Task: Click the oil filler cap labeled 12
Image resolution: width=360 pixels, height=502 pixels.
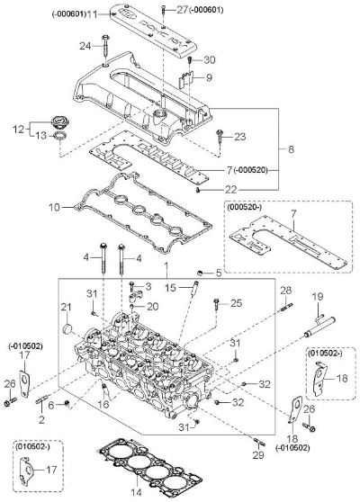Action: pyautogui.click(x=59, y=123)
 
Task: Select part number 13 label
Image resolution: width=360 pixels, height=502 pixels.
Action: pyautogui.click(x=41, y=136)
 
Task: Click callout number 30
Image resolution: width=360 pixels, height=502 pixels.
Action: pyautogui.click(x=210, y=60)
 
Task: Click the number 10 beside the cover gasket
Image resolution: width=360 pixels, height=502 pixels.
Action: pyautogui.click(x=54, y=208)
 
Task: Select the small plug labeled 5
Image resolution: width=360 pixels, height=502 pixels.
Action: pyautogui.click(x=200, y=273)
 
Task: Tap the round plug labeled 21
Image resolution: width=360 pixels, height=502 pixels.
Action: pyautogui.click(x=67, y=328)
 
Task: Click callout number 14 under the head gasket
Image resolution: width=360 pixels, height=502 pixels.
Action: pyautogui.click(x=137, y=492)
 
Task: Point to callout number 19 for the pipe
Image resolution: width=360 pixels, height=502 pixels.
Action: pyautogui.click(x=318, y=297)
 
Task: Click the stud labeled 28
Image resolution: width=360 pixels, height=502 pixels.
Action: pyautogui.click(x=287, y=307)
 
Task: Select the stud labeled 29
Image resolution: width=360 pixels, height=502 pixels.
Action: pyautogui.click(x=259, y=442)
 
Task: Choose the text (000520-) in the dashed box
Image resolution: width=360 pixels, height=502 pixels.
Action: pyautogui.click(x=245, y=207)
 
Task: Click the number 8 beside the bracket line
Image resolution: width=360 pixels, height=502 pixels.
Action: pyautogui.click(x=291, y=149)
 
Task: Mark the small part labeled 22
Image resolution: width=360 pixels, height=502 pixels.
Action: pyautogui.click(x=198, y=191)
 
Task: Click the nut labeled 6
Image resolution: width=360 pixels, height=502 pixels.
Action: pyautogui.click(x=67, y=403)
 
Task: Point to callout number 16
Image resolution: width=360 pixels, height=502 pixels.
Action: pyautogui.click(x=103, y=404)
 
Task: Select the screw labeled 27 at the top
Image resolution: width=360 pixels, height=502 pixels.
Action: pyautogui.click(x=164, y=10)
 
